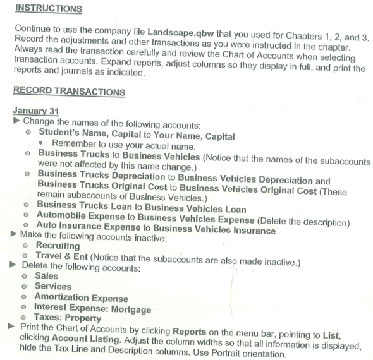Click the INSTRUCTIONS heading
pyautogui.click(x=49, y=9)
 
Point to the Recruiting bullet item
pyautogui.click(x=58, y=245)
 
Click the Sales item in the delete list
pyautogui.click(x=46, y=276)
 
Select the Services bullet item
pyautogui.click(x=53, y=286)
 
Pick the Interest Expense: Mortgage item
pyautogui.click(x=93, y=308)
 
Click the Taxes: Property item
pyautogui.click(x=69, y=318)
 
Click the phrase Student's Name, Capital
pyautogui.click(x=88, y=133)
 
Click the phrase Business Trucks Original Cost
pyautogui.click(x=101, y=184)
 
